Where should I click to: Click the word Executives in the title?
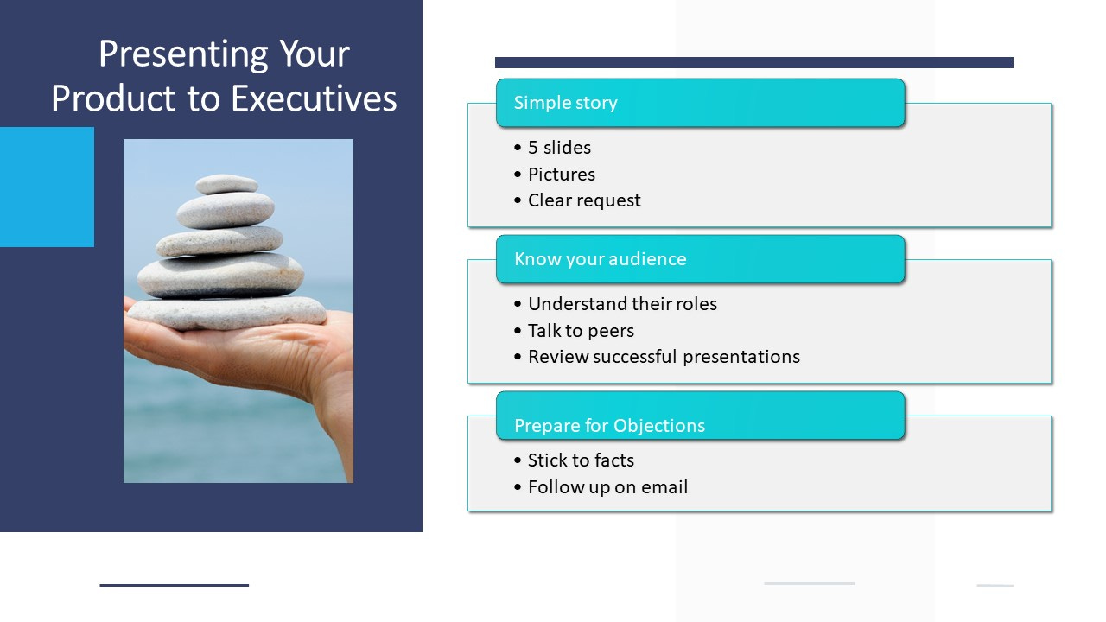[x=314, y=98]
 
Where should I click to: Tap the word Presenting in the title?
[x=183, y=55]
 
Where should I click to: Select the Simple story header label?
[x=565, y=103]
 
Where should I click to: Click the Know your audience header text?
[x=601, y=259]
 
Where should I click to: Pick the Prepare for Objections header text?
[x=609, y=426]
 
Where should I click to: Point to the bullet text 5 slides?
[x=559, y=148]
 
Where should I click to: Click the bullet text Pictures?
[x=562, y=175]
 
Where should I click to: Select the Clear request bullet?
[x=584, y=200]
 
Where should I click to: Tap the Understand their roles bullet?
[x=622, y=304]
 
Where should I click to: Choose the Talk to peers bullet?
[x=581, y=331]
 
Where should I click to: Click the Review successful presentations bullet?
[x=664, y=357]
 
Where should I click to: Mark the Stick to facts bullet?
[x=581, y=460]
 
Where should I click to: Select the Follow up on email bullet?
[x=607, y=487]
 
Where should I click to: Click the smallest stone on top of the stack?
[x=226, y=184]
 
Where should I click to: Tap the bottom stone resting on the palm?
[x=227, y=314]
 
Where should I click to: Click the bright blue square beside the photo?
[x=47, y=187]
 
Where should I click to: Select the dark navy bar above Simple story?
[x=754, y=63]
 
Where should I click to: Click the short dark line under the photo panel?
[x=175, y=585]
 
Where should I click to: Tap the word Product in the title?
[x=112, y=98]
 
